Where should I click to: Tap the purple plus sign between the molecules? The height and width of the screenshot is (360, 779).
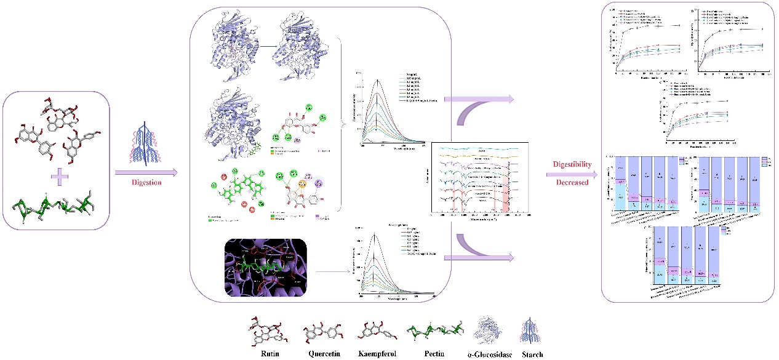pos(60,178)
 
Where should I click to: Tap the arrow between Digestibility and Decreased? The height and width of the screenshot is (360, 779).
pos(571,175)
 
